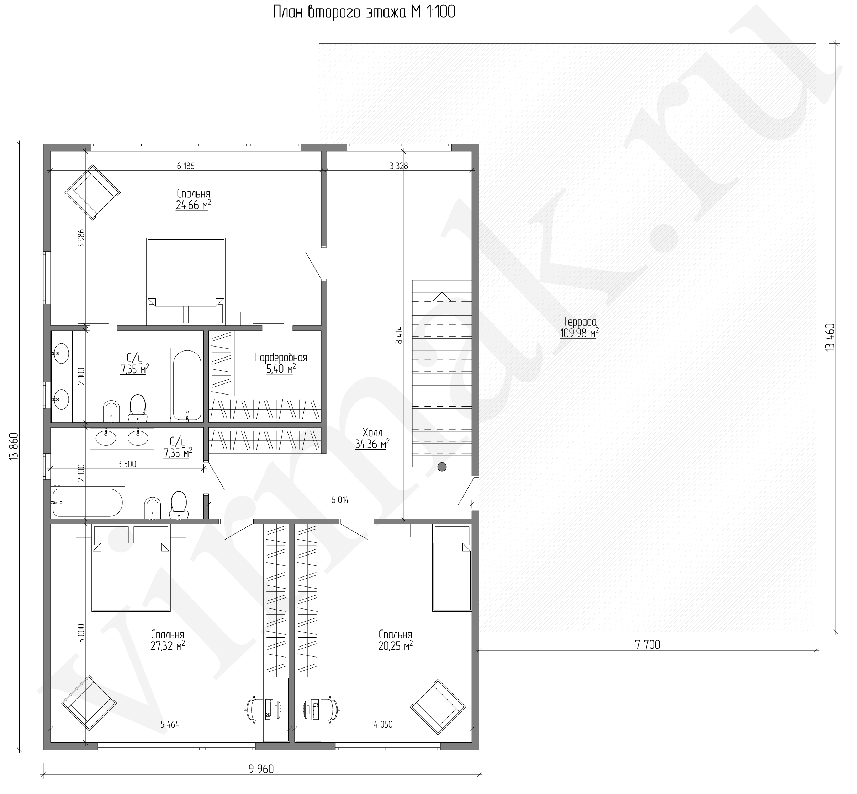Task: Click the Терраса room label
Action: click(x=579, y=322)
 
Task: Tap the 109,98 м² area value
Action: click(x=579, y=333)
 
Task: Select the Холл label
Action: click(x=372, y=432)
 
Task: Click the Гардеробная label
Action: click(x=281, y=358)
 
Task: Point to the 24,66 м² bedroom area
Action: click(x=193, y=205)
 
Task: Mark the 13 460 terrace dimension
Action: click(x=830, y=337)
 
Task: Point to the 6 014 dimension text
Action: click(x=340, y=500)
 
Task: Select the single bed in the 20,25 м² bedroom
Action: click(x=451, y=568)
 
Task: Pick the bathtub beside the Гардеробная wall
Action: click(x=187, y=384)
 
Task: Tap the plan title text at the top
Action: click(x=364, y=12)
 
